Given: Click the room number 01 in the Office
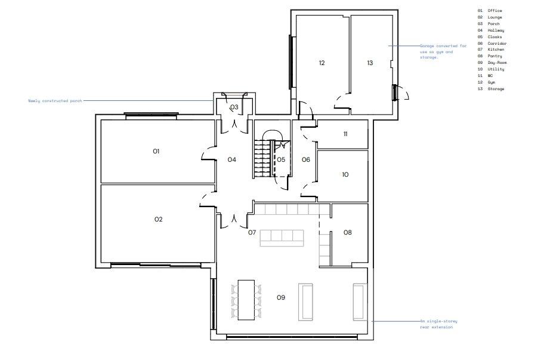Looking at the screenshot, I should [x=156, y=152].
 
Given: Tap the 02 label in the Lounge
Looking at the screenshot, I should [x=158, y=220].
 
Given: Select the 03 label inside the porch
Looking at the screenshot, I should [x=234, y=107].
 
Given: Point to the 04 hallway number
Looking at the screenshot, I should [x=232, y=159].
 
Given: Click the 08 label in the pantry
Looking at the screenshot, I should [x=347, y=232].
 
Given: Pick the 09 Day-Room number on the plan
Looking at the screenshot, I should [x=281, y=297].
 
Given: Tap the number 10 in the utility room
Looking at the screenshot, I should [x=345, y=175].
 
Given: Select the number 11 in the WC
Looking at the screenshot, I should [x=345, y=134].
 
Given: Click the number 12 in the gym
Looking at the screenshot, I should [x=322, y=63].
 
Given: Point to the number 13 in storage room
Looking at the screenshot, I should [x=370, y=63].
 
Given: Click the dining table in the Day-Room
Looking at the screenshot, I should [x=246, y=299].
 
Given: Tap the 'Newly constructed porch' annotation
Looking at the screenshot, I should [x=55, y=100].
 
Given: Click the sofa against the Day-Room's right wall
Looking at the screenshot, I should [x=359, y=301].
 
